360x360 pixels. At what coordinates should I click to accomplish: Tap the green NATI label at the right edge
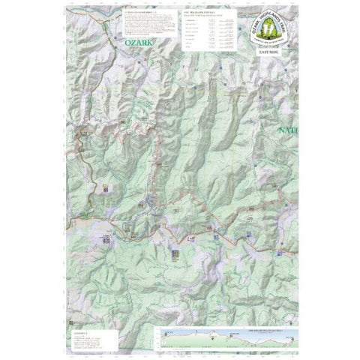(288, 131)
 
